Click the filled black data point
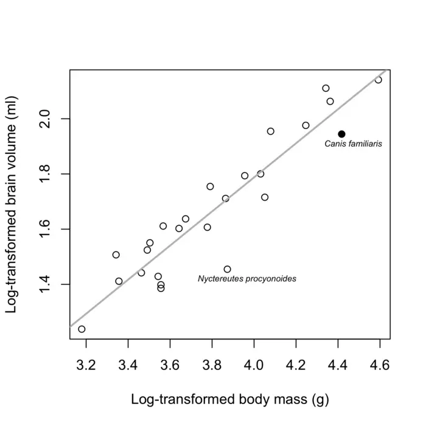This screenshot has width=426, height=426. pyautogui.click(x=342, y=134)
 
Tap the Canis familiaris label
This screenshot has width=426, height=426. pyautogui.click(x=353, y=145)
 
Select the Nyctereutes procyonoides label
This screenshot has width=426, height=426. pyautogui.click(x=247, y=279)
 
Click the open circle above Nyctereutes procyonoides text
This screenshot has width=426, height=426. pyautogui.click(x=228, y=269)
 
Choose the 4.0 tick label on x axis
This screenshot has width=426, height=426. pyautogui.click(x=254, y=365)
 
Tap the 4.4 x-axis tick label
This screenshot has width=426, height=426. pyautogui.click(x=338, y=365)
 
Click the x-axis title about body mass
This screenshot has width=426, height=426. pyautogui.click(x=230, y=400)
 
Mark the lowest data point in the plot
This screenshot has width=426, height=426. pyautogui.click(x=82, y=329)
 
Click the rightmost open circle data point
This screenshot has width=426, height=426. pyautogui.click(x=379, y=80)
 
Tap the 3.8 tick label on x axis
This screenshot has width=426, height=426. pyautogui.click(x=212, y=365)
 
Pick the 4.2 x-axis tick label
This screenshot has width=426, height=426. pyautogui.click(x=296, y=365)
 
